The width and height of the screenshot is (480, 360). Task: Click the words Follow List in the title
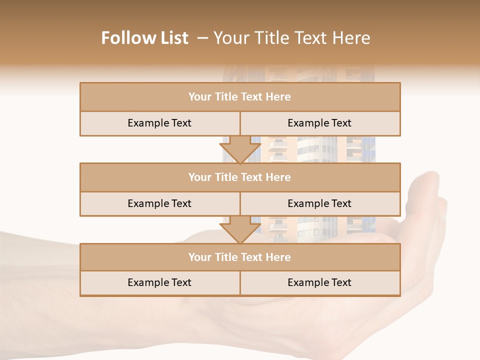pyautogui.click(x=144, y=38)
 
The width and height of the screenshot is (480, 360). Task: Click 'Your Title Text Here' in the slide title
pyautogui.click(x=291, y=38)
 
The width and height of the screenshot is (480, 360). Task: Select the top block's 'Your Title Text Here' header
pyautogui.click(x=239, y=97)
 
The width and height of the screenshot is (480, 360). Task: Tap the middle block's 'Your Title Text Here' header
pyautogui.click(x=239, y=177)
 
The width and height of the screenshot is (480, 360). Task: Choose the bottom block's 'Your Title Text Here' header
pyautogui.click(x=239, y=257)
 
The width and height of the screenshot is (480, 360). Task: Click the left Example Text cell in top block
pyautogui.click(x=159, y=123)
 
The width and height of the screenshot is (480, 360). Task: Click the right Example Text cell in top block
pyautogui.click(x=319, y=123)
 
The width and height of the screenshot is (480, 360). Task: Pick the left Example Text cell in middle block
pyautogui.click(x=159, y=203)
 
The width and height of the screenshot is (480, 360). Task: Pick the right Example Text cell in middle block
pyautogui.click(x=319, y=203)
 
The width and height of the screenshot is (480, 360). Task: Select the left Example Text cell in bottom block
pyautogui.click(x=159, y=282)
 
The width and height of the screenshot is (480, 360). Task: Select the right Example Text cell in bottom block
pyautogui.click(x=319, y=282)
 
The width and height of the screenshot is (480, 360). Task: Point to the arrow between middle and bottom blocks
pyautogui.click(x=240, y=229)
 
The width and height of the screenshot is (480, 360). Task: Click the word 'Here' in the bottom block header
pyautogui.click(x=278, y=257)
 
